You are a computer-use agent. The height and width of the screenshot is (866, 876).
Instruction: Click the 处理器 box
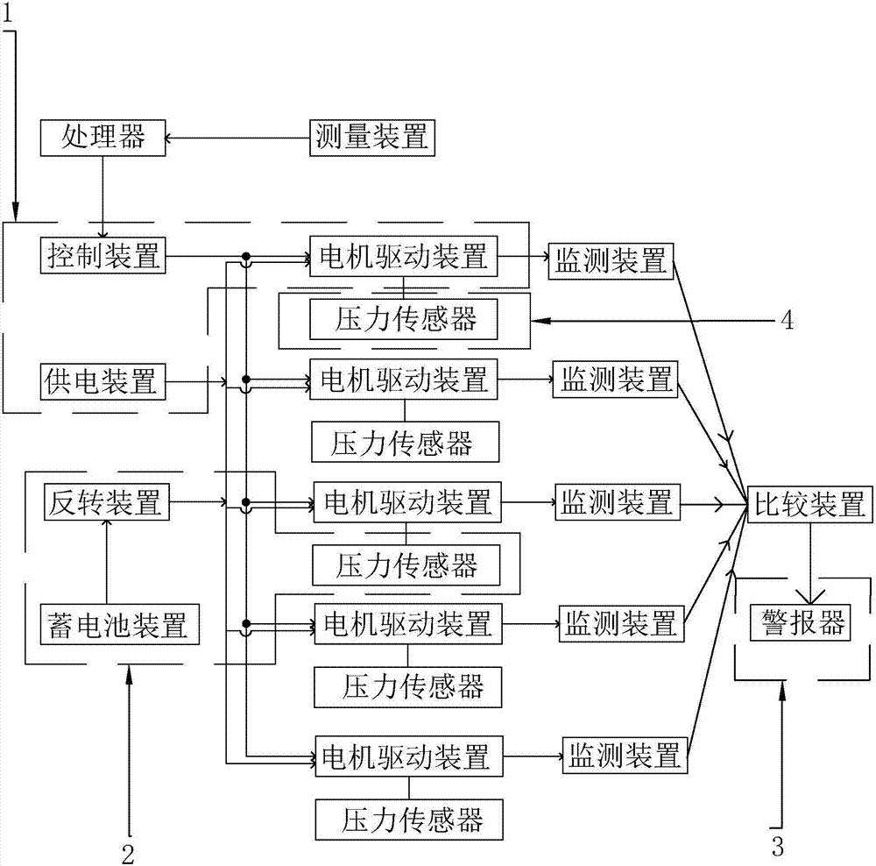(x=102, y=138)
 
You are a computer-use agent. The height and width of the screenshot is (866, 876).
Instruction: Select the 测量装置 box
(x=371, y=138)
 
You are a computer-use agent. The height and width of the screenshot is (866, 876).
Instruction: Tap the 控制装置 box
(x=103, y=256)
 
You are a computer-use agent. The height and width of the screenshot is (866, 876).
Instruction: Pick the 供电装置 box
(x=102, y=381)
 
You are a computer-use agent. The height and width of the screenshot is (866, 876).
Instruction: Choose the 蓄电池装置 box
(x=115, y=626)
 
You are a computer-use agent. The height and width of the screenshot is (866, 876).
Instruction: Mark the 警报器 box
(x=801, y=624)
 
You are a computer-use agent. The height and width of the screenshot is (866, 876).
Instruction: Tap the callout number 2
(x=128, y=851)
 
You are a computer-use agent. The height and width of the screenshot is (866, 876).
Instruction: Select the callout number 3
(x=778, y=847)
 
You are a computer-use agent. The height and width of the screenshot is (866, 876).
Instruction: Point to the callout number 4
(x=787, y=321)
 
